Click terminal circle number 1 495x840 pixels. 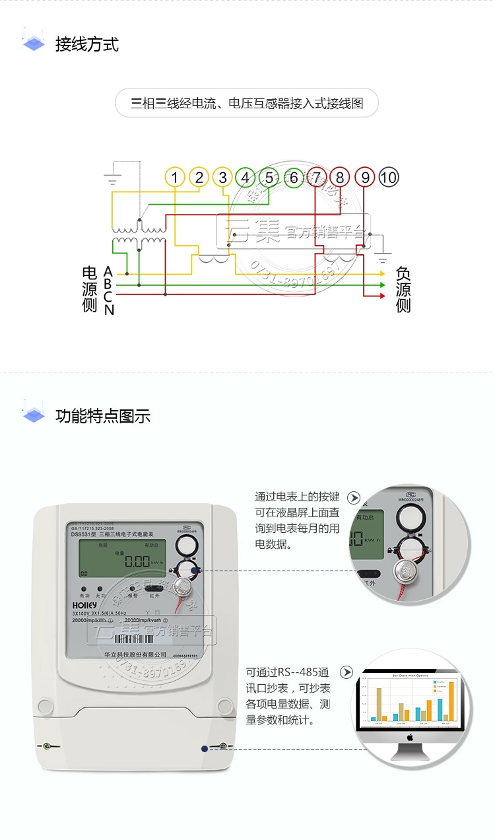(174, 177)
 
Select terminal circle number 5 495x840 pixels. (269, 177)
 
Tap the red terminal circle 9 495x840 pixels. (364, 177)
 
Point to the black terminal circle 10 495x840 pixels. (389, 177)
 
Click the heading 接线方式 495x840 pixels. (87, 45)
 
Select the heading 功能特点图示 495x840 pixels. (103, 416)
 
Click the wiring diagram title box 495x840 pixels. (247, 103)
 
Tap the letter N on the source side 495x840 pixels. (109, 310)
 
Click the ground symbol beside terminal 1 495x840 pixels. (113, 178)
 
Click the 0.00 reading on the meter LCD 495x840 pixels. (137, 561)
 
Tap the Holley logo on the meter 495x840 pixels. (84, 604)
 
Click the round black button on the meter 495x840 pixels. (186, 546)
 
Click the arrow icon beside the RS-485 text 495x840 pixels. (346, 672)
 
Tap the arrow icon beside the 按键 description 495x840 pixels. (354, 498)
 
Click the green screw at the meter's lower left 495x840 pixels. (47, 746)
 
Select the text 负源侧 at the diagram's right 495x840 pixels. (403, 289)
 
